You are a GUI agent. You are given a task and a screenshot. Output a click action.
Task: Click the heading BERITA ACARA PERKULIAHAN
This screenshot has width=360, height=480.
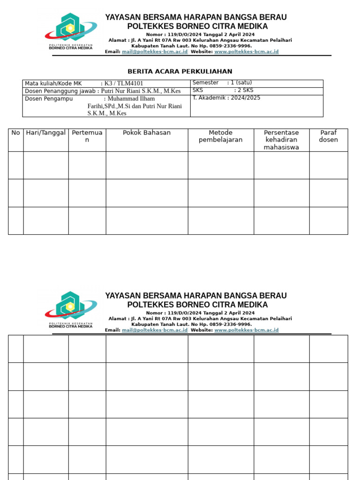tap(180, 72)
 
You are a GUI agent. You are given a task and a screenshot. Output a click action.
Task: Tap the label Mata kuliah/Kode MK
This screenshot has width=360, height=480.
tap(53, 84)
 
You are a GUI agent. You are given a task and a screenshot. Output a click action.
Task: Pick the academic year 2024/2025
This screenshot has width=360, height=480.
tap(242, 98)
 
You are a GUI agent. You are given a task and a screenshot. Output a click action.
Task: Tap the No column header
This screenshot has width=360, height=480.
tap(16, 133)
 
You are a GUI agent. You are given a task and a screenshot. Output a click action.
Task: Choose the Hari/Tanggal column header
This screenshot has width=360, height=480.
tap(46, 133)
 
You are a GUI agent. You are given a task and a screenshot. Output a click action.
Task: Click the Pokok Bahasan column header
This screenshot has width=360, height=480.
tap(147, 133)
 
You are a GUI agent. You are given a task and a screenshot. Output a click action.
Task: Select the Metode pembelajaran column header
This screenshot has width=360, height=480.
tap(221, 136)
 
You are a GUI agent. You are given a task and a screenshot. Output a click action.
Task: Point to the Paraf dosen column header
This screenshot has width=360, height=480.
tap(328, 136)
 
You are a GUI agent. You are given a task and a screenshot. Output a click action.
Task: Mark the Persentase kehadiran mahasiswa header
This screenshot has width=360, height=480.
tap(281, 140)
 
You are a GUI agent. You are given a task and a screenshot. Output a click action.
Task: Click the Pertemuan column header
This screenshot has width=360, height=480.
tap(87, 136)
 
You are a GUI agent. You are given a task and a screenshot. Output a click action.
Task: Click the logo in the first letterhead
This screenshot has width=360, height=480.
tap(70, 31)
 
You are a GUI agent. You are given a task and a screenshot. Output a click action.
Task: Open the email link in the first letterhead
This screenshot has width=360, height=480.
tap(155, 52)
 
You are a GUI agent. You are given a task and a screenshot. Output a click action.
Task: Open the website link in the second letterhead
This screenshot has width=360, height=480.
tap(246, 330)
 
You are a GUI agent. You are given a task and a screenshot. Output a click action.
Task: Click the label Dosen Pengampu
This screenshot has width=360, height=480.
tap(46, 99)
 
